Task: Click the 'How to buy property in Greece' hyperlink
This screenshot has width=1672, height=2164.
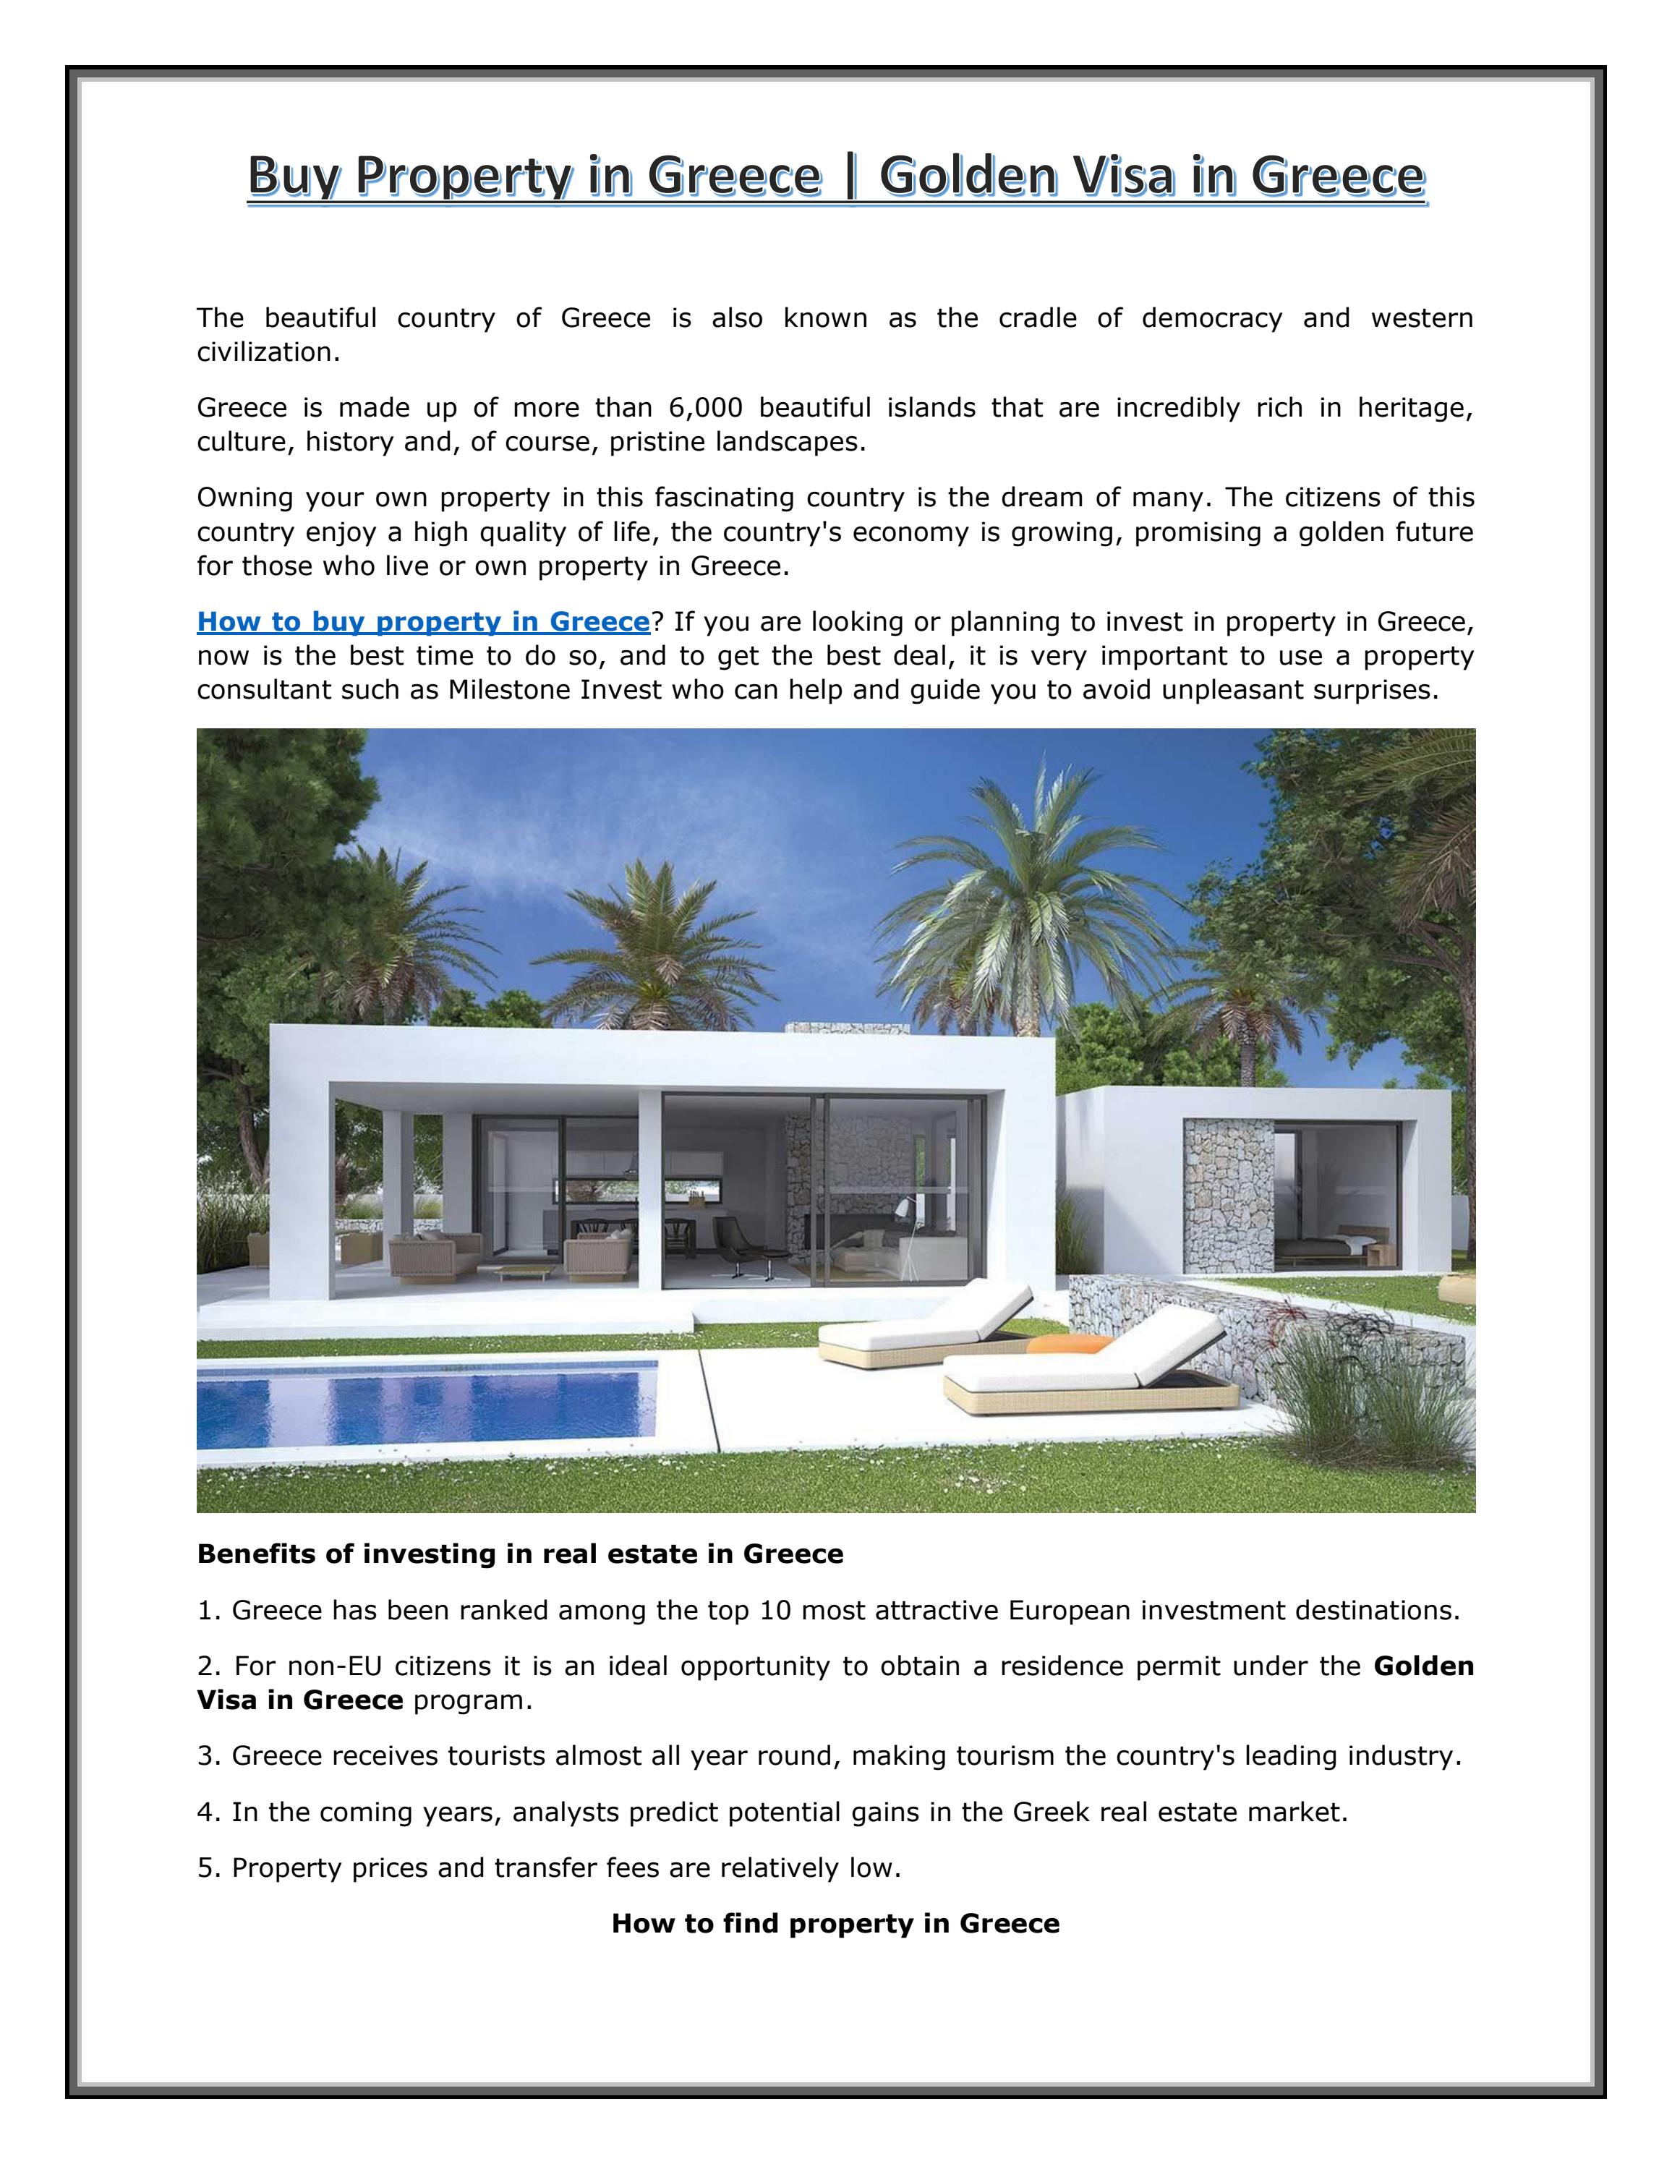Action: click(423, 622)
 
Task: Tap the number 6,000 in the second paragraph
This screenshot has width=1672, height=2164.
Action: click(705, 408)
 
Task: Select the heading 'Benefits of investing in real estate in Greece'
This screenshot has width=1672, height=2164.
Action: click(520, 1554)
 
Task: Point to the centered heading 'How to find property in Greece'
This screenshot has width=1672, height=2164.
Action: click(835, 1923)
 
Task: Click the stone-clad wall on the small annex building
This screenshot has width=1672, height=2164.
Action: click(1228, 1199)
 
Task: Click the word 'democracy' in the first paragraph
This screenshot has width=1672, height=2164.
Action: click(1211, 318)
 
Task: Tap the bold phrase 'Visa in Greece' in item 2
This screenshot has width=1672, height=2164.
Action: click(300, 1700)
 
